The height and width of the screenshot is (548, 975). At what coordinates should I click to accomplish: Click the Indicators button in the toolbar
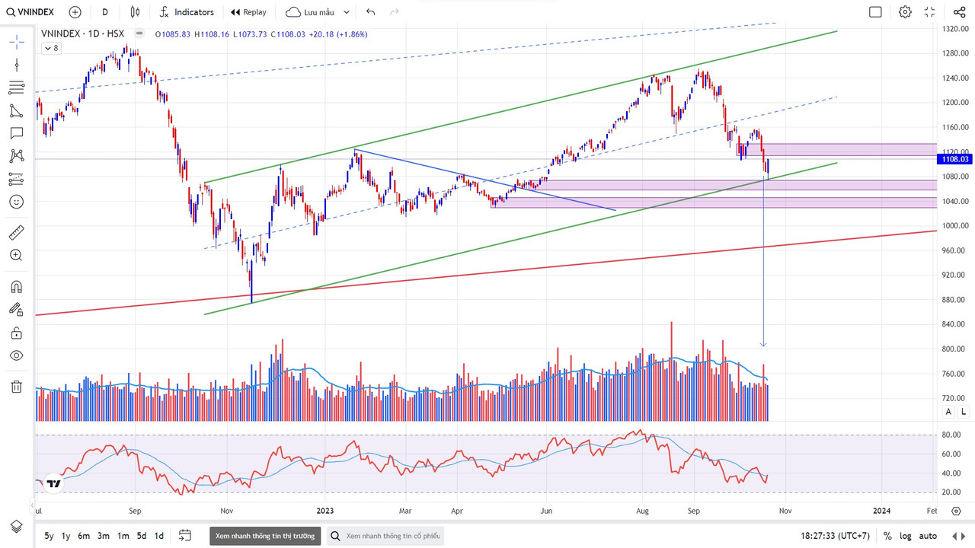(187, 12)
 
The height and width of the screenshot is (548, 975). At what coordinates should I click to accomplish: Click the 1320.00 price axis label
(954, 29)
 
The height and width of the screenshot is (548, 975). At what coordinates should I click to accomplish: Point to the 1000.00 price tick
(954, 225)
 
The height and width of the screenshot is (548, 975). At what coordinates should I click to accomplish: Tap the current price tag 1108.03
(954, 159)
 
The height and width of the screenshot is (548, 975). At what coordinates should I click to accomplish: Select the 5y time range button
(49, 536)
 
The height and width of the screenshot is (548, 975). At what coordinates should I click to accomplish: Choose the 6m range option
(84, 536)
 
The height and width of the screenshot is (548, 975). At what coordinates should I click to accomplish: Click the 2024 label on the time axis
(881, 511)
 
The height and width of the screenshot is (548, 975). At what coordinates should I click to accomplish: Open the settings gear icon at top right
(905, 12)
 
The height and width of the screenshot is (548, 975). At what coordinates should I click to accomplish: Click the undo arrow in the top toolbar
(371, 12)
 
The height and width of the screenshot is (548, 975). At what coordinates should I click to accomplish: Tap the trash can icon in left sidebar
(16, 387)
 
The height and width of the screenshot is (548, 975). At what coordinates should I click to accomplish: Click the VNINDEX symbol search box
(30, 12)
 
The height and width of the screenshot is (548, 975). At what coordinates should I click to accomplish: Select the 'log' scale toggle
(906, 536)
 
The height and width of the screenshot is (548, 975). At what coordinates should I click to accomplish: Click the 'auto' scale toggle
(928, 536)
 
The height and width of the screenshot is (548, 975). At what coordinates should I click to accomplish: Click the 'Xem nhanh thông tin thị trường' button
(264, 536)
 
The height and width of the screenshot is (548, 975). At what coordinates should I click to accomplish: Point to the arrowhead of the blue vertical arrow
(763, 345)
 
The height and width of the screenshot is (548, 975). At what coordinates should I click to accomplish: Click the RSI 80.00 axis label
(951, 435)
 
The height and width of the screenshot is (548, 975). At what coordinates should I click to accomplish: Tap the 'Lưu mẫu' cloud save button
(318, 12)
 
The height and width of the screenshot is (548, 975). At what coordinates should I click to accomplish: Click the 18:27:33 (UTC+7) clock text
(835, 536)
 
